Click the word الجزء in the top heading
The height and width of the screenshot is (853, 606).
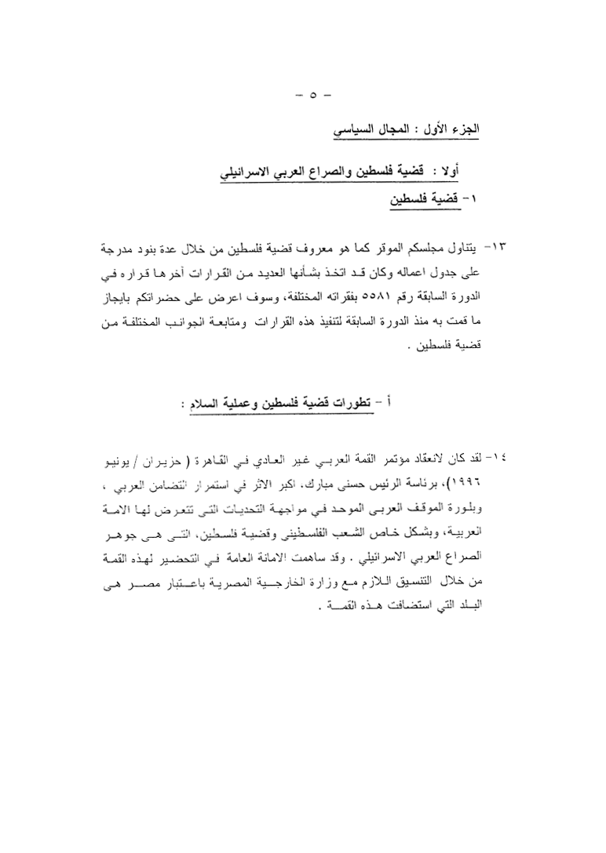point(464,128)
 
